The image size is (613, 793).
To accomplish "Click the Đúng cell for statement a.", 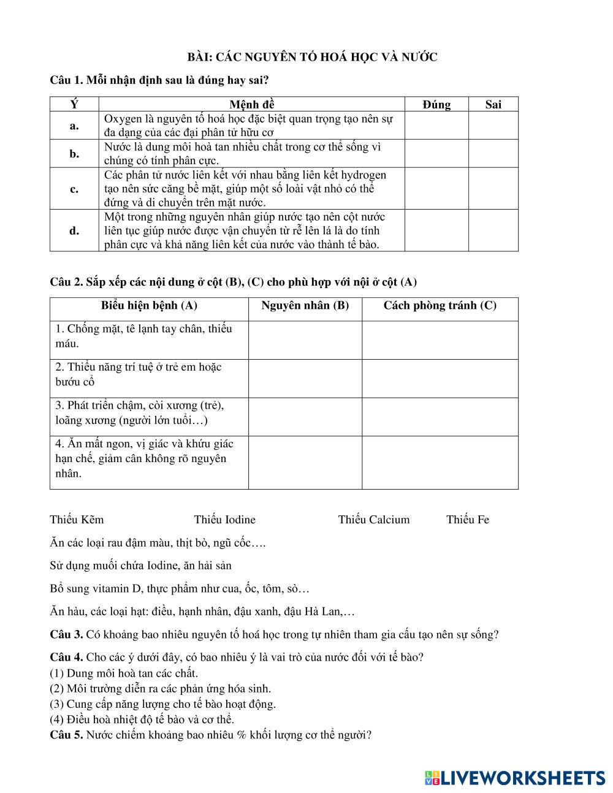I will [x=436, y=126].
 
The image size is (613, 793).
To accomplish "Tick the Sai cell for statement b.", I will [x=493, y=154].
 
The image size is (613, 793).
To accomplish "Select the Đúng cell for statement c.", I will [x=436, y=189].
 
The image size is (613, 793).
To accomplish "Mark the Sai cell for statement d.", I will [x=493, y=230].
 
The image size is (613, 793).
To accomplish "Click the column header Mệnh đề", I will [x=251, y=104].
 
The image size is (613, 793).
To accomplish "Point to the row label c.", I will [x=74, y=189].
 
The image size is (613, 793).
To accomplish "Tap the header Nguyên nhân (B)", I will [x=305, y=305].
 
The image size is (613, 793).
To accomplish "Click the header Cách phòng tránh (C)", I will [x=440, y=305].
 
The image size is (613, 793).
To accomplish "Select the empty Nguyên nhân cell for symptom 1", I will [x=305, y=340].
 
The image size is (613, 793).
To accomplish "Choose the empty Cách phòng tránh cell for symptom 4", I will [x=440, y=462].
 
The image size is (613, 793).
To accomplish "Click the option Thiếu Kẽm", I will [x=77, y=520].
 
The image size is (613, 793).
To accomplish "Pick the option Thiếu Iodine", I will [x=224, y=520].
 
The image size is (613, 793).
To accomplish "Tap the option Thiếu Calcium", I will [x=373, y=520].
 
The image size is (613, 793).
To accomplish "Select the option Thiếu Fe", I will [x=467, y=520].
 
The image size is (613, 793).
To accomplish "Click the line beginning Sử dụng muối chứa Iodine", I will [x=140, y=566].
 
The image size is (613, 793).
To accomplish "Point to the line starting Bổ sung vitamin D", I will [x=180, y=588].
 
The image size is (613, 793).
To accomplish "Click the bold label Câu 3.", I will [x=66, y=634].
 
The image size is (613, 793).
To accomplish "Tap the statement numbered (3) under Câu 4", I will [x=162, y=704].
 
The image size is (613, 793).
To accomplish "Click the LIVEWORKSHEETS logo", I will [x=514, y=777].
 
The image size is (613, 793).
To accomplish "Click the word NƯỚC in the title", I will [x=421, y=57].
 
